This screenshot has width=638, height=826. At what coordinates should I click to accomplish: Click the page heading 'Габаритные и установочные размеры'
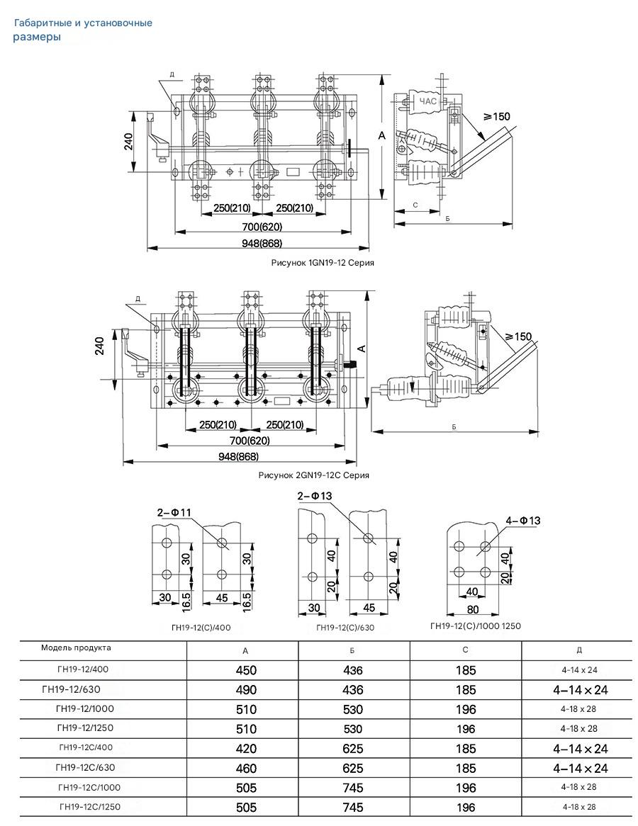83,30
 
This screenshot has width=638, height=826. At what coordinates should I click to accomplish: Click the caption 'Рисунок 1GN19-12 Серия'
323,262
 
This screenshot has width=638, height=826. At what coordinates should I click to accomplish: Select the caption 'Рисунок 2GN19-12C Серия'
313,475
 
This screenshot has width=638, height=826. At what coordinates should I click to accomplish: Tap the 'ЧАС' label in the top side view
428,101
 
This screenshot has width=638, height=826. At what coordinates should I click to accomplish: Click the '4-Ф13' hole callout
523,521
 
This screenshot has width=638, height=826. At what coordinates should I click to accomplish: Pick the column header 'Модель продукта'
76,647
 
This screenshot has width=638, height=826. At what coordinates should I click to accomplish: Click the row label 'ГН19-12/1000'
85,708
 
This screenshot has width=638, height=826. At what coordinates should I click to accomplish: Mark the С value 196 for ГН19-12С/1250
466,808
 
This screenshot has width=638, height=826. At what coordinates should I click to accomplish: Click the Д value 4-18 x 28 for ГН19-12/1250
579,729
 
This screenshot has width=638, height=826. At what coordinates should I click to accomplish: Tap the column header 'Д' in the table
579,650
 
